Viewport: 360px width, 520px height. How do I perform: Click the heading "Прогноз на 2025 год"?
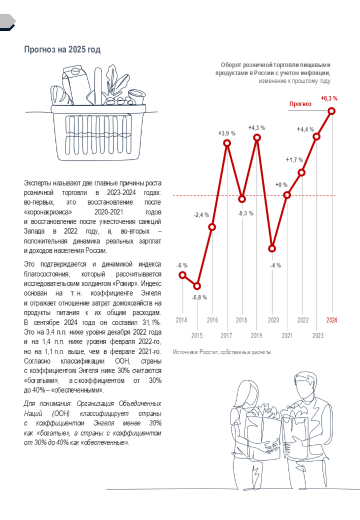pos(62,49)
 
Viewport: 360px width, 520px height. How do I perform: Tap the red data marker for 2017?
pos(227,144)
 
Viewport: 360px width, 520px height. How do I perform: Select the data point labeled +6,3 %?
pos(332,111)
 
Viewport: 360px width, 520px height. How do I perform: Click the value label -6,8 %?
pos(199,298)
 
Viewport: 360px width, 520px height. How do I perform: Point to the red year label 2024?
pos(332,320)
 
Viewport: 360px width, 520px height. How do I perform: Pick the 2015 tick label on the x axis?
pos(197,336)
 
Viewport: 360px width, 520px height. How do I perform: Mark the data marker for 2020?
pos(272,249)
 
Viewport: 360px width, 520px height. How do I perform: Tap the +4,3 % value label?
pos(256,127)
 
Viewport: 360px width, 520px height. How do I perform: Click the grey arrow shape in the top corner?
pos(8,21)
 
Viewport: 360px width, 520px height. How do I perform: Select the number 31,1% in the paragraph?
pos(151,322)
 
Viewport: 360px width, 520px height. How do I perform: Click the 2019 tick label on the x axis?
pos(256,336)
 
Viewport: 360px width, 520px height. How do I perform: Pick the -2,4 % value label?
pos(201,215)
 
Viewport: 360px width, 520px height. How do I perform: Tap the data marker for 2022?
pos(302,173)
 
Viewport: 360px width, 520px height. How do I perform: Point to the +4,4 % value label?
pos(305,129)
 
